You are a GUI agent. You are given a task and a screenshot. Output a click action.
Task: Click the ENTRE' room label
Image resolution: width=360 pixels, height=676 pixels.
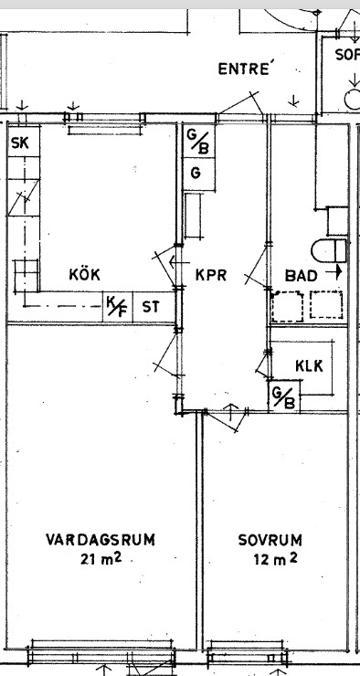click(x=246, y=69)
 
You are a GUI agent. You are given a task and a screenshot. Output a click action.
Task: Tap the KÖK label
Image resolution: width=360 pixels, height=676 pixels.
click(x=84, y=274)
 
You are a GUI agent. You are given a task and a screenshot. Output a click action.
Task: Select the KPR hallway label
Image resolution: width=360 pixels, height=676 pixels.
click(x=211, y=275)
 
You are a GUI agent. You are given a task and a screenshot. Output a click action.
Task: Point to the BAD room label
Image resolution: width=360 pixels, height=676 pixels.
click(x=301, y=276)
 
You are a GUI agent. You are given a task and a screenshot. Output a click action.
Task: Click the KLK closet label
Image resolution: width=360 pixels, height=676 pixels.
click(x=309, y=365)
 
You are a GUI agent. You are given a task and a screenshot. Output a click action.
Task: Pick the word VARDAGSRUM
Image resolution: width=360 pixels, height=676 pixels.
click(x=101, y=540)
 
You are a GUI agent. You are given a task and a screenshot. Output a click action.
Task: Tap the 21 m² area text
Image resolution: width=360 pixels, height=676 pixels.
click(x=101, y=559)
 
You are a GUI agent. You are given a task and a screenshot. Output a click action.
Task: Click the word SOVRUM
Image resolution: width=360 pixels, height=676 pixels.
click(x=270, y=540)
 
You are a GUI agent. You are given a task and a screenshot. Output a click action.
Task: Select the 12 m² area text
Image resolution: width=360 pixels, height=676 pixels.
click(x=276, y=559)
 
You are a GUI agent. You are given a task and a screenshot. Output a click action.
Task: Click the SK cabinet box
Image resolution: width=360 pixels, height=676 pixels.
click(x=24, y=141)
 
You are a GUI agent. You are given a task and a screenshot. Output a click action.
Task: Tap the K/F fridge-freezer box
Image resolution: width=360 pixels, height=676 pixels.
click(x=117, y=307)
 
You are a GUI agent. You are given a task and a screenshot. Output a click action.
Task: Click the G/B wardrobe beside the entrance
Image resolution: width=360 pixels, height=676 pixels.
click(x=199, y=141)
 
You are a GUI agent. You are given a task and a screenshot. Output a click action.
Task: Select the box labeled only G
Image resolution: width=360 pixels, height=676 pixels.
click(x=199, y=174)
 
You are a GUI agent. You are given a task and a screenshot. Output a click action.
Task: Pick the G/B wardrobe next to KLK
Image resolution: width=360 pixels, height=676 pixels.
click(x=284, y=396)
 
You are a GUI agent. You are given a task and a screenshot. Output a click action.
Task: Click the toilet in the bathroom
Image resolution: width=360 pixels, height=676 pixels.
click(x=329, y=250)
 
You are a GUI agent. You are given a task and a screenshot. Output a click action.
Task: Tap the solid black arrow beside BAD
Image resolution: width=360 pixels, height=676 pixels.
click(x=334, y=272)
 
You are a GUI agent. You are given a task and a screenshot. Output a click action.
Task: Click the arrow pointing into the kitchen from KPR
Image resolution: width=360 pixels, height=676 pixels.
click(x=179, y=261)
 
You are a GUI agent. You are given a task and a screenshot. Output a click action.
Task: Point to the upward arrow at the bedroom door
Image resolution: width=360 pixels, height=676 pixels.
click(x=231, y=412)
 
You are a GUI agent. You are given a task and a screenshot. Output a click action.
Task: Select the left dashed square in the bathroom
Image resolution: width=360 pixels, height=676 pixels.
click(x=287, y=306)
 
